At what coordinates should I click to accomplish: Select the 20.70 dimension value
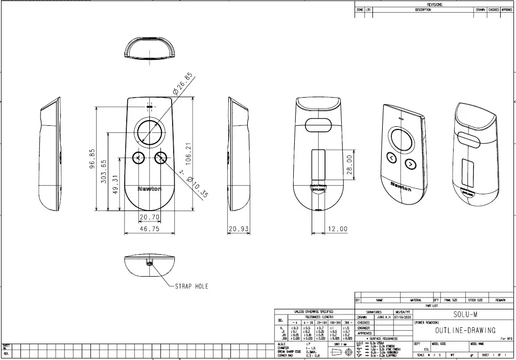[150, 217]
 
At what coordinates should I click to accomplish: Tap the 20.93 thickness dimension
[239, 229]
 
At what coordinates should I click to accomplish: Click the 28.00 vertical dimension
[350, 166]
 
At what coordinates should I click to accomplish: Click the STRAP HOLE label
[192, 286]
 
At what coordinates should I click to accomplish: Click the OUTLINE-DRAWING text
[465, 330]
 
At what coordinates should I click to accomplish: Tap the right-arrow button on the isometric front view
[410, 164]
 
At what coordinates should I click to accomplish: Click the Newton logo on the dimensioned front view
[150, 189]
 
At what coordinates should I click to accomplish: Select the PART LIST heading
[432, 306]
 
